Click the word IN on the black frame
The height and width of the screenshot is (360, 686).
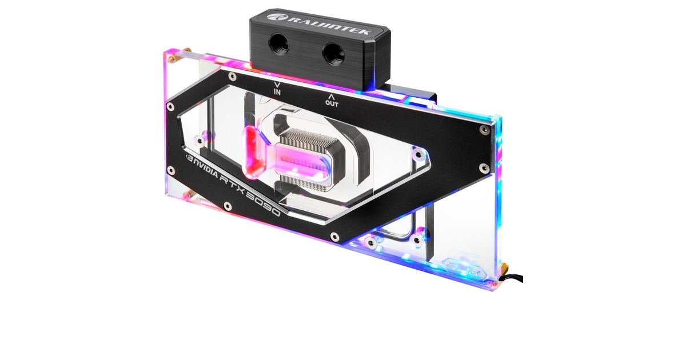277,91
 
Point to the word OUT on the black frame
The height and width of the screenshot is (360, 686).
332,103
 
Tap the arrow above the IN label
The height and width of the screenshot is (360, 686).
277,83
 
